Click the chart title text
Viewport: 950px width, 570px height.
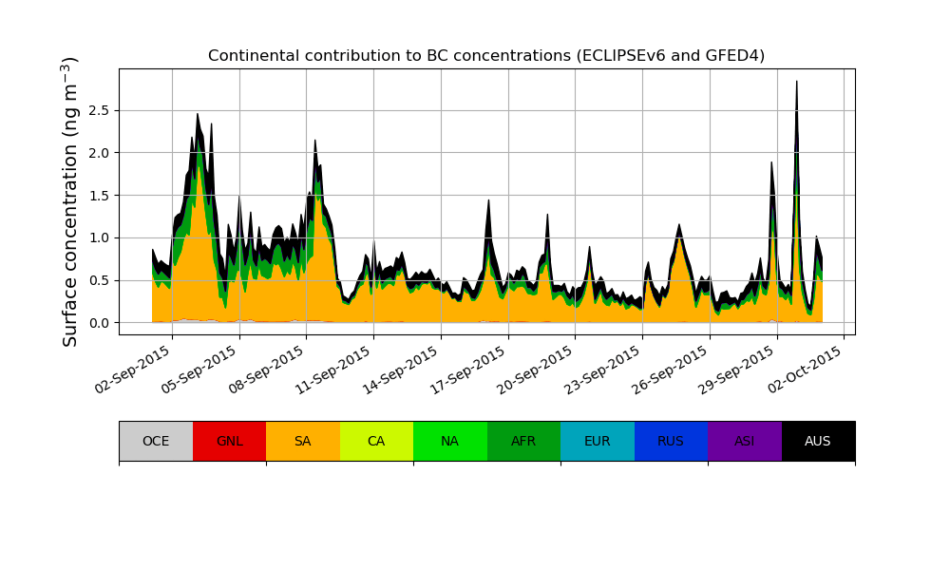[486, 56]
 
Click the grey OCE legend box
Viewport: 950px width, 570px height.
[156, 441]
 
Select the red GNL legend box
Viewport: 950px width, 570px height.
[229, 441]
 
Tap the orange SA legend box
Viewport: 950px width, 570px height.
[303, 441]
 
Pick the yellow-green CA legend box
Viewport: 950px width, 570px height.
[376, 441]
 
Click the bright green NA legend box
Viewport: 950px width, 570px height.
[450, 441]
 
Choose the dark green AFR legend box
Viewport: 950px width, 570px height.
[523, 441]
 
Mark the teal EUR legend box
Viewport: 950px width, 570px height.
[598, 441]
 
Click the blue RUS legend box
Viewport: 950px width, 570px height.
[671, 441]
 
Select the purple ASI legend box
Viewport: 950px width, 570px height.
[745, 441]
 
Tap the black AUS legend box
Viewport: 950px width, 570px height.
[818, 441]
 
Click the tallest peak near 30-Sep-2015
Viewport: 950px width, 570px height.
[796, 84]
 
